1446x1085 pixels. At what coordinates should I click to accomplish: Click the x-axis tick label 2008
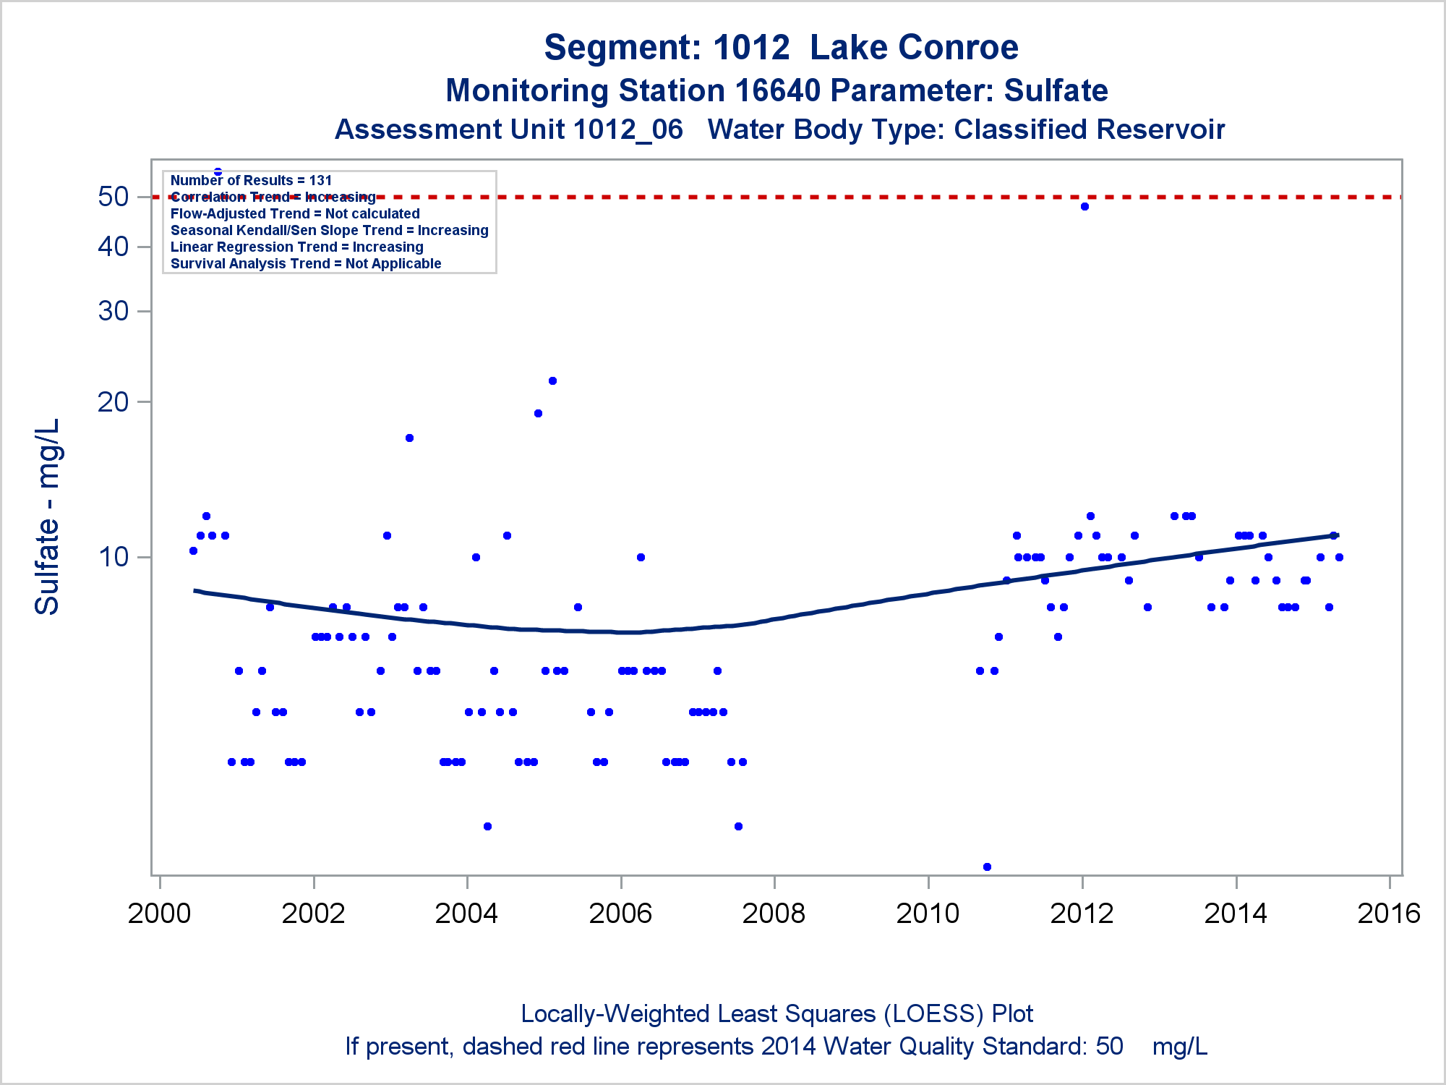tap(774, 914)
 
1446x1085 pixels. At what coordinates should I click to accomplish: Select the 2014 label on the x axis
tap(1235, 914)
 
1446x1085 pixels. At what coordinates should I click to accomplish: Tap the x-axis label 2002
tap(313, 914)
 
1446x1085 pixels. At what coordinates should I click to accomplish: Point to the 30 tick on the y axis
tap(114, 311)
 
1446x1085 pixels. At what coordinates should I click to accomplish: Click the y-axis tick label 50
tap(114, 197)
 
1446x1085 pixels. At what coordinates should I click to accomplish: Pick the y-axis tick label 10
tap(114, 557)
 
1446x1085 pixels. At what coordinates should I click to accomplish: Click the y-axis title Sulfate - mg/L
tap(48, 516)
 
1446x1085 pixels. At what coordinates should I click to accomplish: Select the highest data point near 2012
tap(1084, 207)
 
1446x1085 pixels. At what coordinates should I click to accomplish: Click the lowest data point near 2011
tap(987, 867)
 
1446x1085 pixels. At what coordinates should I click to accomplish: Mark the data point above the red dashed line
tap(218, 172)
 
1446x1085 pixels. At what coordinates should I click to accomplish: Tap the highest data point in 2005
tap(552, 381)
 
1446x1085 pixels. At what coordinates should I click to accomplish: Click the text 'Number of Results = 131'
tap(251, 181)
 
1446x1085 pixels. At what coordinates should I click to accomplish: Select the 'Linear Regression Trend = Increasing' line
tap(296, 247)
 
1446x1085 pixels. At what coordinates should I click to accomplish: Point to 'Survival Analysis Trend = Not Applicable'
tap(306, 264)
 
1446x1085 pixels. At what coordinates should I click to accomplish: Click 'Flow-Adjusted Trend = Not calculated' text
tap(295, 214)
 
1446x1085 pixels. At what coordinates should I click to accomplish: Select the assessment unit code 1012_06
tap(628, 130)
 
